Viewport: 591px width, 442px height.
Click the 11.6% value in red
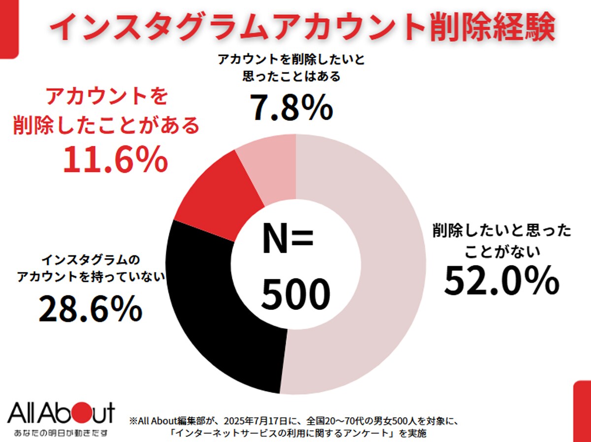[116, 160]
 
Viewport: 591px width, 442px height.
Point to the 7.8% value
[292, 107]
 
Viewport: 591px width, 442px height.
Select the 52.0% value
[501, 280]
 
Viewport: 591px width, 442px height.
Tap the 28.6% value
[91, 308]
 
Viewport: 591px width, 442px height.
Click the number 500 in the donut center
[295, 294]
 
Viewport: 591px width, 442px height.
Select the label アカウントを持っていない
[91, 276]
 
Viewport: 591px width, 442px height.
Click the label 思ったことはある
[292, 76]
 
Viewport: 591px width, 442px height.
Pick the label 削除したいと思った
[502, 231]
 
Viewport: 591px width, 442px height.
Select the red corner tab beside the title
[9, 29]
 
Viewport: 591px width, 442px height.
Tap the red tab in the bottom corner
[582, 411]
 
